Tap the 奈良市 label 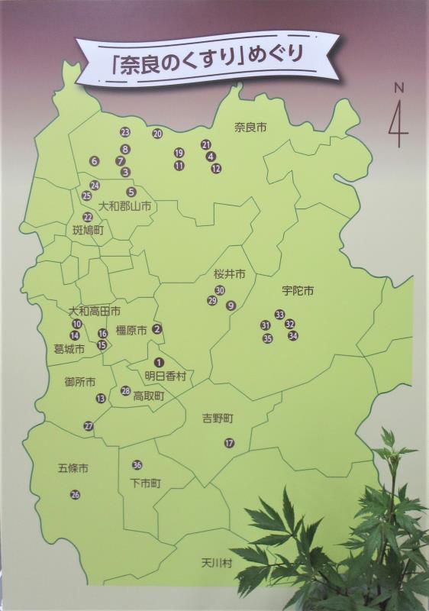pyautogui.click(x=250, y=127)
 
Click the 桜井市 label pyautogui.click(x=230, y=273)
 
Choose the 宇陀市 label pyautogui.click(x=298, y=291)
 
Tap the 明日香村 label pyautogui.click(x=166, y=376)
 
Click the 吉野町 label pyautogui.click(x=218, y=418)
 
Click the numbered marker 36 pyautogui.click(x=137, y=465)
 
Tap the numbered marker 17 pyautogui.click(x=229, y=443)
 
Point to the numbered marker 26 pyautogui.click(x=75, y=494)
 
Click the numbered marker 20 pyautogui.click(x=157, y=134)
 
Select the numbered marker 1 pyautogui.click(x=159, y=362)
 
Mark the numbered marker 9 pyautogui.click(x=231, y=305)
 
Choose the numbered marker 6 pyautogui.click(x=95, y=161)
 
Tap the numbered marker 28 pyautogui.click(x=126, y=390)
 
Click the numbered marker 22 pyautogui.click(x=88, y=217)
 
